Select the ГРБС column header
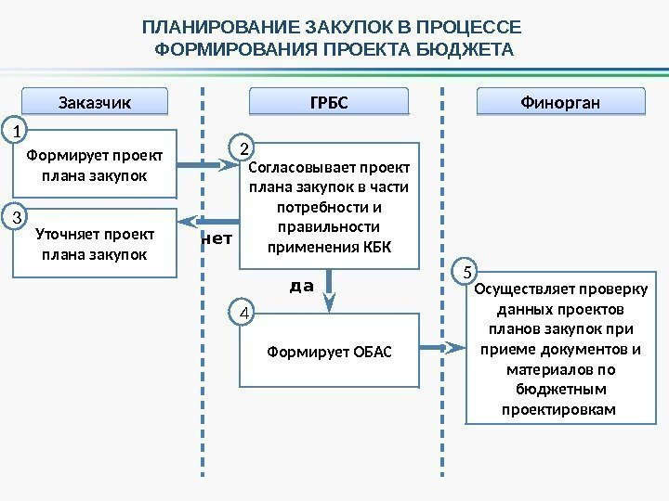point(330,100)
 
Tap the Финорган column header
point(560,100)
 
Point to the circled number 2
point(243,148)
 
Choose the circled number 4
point(243,314)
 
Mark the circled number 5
point(467,272)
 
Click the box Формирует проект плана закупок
point(94,164)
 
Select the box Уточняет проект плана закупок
point(94,243)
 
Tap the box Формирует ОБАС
point(330,352)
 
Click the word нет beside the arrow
point(216,238)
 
